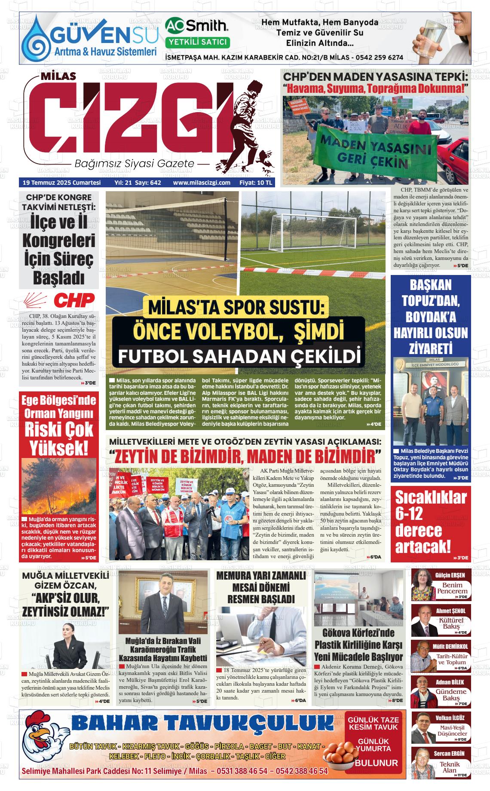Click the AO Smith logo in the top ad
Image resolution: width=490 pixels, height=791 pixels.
coord(197,26)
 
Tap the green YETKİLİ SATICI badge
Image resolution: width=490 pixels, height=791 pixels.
coord(197,42)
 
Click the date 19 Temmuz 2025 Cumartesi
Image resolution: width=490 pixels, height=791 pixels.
coord(61,183)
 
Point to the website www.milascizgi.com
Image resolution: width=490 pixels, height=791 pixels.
coord(202,183)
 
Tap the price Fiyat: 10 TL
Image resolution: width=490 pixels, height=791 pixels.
coord(256,183)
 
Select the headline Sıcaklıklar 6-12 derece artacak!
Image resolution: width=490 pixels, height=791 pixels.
coord(431,522)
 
